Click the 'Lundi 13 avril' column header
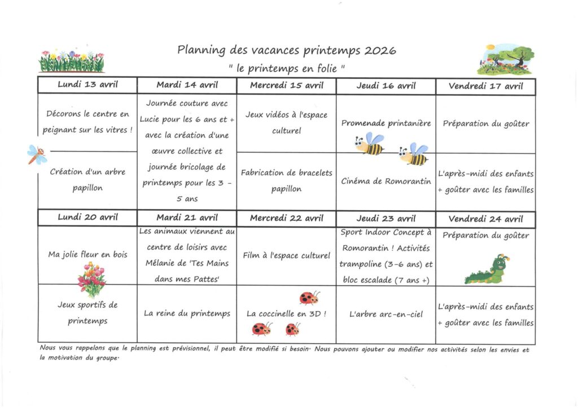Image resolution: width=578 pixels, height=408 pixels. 87,85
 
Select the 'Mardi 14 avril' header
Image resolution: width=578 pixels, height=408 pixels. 187,85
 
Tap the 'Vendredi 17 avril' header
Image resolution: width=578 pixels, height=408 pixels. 485,86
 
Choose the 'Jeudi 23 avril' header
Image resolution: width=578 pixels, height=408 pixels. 386,219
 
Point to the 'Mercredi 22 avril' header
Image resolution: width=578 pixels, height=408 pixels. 286,219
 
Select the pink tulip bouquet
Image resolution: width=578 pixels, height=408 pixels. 91,279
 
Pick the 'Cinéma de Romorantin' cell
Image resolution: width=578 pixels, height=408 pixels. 386,181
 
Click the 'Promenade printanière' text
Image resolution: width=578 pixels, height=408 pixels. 386,123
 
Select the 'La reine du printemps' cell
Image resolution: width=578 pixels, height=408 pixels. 187,313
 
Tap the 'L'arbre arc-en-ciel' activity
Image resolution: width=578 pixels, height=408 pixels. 386,314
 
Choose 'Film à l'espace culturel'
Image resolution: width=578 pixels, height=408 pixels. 286,255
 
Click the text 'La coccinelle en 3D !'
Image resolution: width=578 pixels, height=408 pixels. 286,313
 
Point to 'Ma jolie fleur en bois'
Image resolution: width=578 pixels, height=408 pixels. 87,255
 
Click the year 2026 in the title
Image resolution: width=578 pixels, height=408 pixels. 380,51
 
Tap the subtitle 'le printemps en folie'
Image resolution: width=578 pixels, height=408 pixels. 287,69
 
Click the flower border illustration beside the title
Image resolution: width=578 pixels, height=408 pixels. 71,61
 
